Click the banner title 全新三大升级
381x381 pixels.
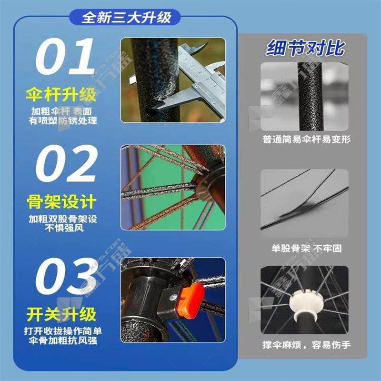coord(126,17)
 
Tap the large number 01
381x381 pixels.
coord(65,56)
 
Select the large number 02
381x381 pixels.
coord(67,163)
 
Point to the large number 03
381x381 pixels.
coord(66,276)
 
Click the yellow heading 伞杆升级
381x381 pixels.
coord(61,94)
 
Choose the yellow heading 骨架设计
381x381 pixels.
coord(62,201)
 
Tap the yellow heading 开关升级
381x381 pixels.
coord(61,314)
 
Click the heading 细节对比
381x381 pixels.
coord(305,48)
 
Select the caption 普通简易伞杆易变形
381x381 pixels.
coord(306,140)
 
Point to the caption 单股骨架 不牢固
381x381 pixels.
coord(306,248)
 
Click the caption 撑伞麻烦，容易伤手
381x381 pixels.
coord(306,345)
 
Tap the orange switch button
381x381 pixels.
coord(190,301)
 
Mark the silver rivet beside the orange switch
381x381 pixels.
coord(173,297)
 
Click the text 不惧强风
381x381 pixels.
coord(64,228)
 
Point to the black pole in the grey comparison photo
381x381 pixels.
coord(311,97)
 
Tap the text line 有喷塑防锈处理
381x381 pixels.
coord(63,121)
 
